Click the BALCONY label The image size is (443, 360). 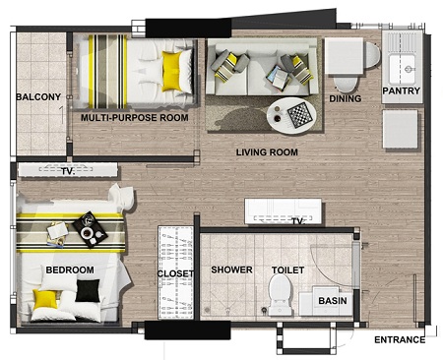38,97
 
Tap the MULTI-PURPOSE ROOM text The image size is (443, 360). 135,118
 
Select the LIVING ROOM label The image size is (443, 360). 267,152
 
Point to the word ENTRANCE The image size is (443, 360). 400,340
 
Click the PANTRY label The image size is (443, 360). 402,90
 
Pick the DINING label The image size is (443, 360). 346,98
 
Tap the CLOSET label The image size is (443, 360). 175,273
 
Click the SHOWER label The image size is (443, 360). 231,270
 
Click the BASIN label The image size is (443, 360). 333,301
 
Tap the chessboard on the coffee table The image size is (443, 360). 298,115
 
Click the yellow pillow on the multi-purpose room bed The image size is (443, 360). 172,71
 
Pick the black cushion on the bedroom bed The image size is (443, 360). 88,290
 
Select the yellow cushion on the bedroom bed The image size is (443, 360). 45,299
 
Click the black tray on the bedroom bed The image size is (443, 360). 90,229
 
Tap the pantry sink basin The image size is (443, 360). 402,69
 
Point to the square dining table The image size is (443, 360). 344,56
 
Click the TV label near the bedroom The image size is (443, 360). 68,171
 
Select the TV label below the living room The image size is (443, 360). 298,222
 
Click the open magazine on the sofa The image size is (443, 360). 278,78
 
